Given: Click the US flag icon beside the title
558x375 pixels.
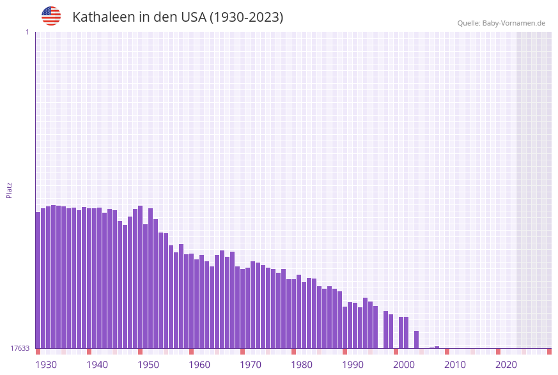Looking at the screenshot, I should pos(51,16).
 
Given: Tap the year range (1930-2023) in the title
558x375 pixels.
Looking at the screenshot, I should pos(246,17).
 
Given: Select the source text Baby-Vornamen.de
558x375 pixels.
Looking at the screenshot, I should pos(514,23).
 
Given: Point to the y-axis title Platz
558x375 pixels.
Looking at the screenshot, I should pos(10,190).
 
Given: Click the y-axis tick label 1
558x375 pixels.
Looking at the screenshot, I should pos(27,32).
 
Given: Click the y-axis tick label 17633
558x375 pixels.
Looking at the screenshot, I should pos(20,348).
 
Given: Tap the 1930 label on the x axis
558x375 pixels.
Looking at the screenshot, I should pos(46,365).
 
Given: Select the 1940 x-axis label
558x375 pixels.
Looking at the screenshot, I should pos(97,365).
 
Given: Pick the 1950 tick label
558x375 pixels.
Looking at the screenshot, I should pos(148,365).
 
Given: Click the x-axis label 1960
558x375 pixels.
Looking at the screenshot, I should pos(199,365).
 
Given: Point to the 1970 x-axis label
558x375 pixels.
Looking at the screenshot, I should pos(251,365).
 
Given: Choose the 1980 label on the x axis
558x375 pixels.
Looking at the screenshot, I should pos(302,365).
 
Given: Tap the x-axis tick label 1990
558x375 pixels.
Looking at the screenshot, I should pos(353,365).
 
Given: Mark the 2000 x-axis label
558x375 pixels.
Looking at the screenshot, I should pos(404,365).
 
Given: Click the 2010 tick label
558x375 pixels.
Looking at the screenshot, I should pos(455,365).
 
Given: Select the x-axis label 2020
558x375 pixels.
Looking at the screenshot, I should pos(506,365).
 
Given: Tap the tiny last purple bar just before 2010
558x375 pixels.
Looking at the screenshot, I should pos(437,347).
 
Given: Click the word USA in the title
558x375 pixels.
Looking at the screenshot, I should pos(194,17).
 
